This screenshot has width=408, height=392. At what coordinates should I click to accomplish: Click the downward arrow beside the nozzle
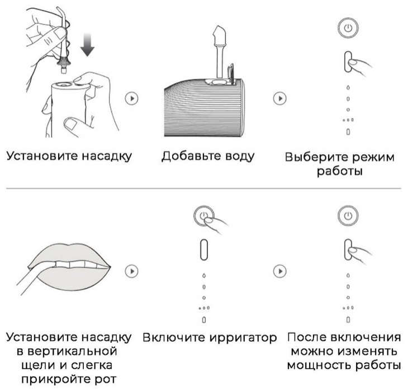tap(87, 45)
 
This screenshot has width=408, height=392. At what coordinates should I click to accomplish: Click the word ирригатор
tap(243, 338)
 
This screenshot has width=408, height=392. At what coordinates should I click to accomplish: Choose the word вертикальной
tap(72, 351)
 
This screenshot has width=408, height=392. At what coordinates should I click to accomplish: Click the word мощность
tap(319, 365)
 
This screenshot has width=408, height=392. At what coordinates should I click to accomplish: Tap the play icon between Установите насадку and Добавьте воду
tap(132, 98)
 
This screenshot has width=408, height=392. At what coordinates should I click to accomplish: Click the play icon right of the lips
tap(132, 271)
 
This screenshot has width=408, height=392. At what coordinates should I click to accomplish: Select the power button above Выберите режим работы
tap(348, 28)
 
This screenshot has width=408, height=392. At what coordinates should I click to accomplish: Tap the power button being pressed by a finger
tap(204, 216)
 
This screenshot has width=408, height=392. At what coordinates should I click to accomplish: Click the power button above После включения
tap(348, 216)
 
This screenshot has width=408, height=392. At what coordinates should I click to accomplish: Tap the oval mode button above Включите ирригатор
tap(204, 250)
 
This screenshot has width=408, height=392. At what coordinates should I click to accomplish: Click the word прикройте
tap(55, 380)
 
